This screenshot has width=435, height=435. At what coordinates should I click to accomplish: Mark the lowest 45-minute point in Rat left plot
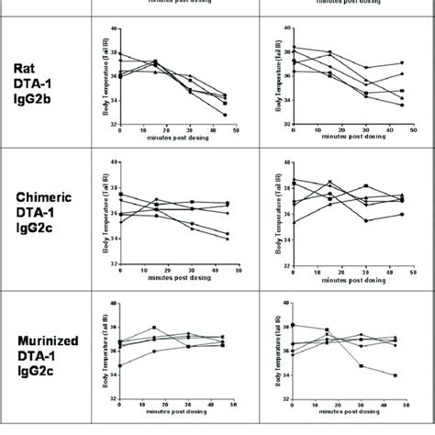click(x=225, y=115)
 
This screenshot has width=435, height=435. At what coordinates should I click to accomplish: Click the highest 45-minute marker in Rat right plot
click(x=400, y=63)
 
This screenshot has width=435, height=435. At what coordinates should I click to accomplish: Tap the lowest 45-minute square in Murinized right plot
click(x=396, y=375)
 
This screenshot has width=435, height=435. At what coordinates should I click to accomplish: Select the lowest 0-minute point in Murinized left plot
click(x=120, y=365)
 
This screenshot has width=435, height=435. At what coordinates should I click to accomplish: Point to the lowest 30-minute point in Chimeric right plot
click(x=364, y=220)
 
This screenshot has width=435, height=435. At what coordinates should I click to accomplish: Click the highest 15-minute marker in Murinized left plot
click(x=154, y=328)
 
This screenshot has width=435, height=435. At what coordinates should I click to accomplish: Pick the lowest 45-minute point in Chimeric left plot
click(x=225, y=239)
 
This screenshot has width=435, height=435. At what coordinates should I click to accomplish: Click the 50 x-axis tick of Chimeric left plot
click(x=235, y=269)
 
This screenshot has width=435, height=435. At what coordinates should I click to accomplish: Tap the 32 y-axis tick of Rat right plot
click(x=284, y=123)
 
